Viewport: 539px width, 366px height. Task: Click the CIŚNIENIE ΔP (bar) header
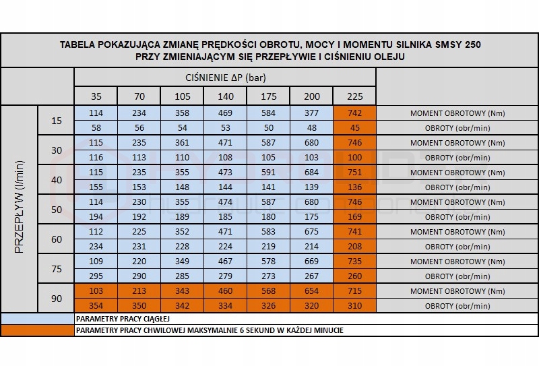coord(224,78)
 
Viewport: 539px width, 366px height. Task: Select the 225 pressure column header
coord(354,96)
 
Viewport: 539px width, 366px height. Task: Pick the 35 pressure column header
coord(96,96)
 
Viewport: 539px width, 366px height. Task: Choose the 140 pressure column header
coord(226,96)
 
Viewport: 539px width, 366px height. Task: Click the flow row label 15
coord(57,121)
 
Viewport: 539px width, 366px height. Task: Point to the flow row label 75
coord(57,269)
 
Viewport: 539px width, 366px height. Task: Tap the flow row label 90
coord(57,299)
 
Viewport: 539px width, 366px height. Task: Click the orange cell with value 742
coord(354,113)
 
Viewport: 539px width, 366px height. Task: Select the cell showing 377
coord(311,113)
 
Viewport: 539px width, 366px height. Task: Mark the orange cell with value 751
coord(354,173)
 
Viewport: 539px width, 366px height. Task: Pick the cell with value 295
coord(96,276)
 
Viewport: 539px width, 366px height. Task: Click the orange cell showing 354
coord(96,306)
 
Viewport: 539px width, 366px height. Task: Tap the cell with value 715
coord(354,291)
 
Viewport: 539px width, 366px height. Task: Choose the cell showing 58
coord(96,128)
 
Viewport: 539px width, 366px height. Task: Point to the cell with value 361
coord(183,143)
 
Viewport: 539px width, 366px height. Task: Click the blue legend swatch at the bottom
coord(37,318)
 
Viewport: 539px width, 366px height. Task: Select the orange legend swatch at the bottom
coord(37,330)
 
